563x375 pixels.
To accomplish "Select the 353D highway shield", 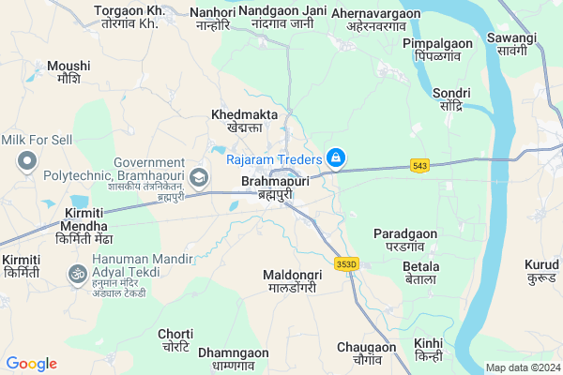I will coord(347,264).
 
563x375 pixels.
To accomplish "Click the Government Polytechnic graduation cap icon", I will coord(198,176).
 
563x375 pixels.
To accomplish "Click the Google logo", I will coord(31,364).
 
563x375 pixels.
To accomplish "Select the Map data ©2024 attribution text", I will coord(522,367).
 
